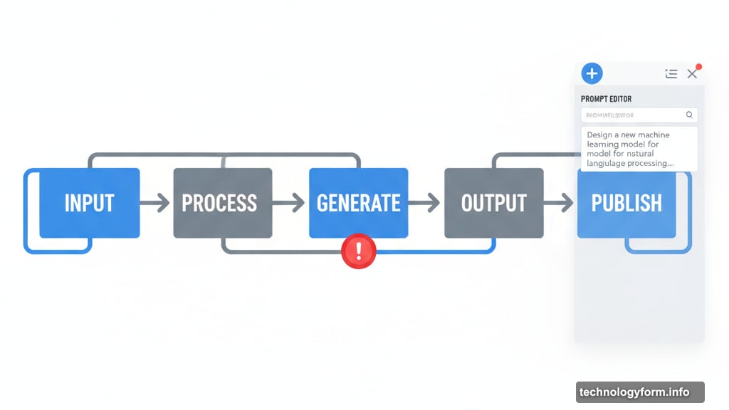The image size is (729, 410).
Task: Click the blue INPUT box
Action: coord(89,203)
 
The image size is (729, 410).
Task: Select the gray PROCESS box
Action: coord(223,203)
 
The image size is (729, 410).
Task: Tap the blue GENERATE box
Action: coord(358,203)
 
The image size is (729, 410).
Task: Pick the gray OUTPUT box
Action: coord(493,203)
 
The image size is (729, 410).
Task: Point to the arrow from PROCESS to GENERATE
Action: coord(290,204)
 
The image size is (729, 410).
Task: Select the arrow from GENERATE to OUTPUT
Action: coord(425,204)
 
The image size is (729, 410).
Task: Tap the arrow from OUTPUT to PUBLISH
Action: coord(560,204)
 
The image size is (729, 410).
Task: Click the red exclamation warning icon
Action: coord(359,251)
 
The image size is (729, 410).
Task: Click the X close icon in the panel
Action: coord(692,74)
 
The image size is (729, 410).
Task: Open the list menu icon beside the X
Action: coord(671,73)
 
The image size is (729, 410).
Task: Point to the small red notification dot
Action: coord(699,67)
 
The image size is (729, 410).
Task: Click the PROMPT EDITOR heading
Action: coord(606,99)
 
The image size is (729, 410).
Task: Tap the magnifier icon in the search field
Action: coord(689,115)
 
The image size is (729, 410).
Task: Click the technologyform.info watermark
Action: coord(634,392)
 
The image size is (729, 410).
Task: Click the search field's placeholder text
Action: coord(610,115)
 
